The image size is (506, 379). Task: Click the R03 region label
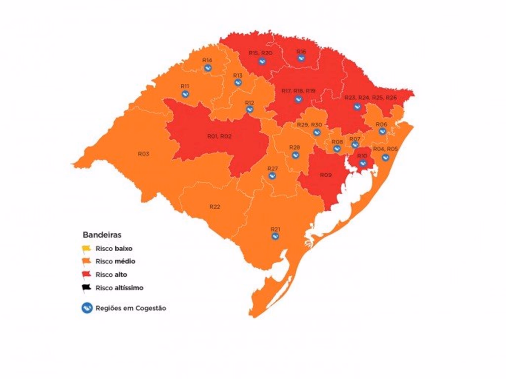(143, 154)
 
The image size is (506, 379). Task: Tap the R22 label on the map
(214, 207)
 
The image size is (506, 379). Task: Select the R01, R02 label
(219, 136)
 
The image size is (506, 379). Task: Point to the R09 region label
(325, 175)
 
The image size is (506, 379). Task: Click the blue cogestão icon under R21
(275, 237)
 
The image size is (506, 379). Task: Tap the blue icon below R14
(208, 68)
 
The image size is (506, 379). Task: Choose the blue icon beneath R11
(185, 94)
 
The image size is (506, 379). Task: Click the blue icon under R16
(301, 58)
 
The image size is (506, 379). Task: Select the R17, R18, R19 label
(298, 91)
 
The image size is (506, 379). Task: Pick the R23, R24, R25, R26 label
(370, 97)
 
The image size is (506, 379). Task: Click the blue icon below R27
(272, 176)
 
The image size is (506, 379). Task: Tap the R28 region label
(295, 147)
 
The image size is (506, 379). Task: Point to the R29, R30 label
(309, 125)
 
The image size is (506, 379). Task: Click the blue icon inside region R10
(362, 163)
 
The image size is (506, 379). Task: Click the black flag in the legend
(86, 287)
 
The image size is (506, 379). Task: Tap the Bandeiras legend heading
(102, 235)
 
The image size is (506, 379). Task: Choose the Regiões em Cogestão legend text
(130, 308)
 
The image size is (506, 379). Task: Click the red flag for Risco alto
(86, 274)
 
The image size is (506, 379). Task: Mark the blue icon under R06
(382, 131)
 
